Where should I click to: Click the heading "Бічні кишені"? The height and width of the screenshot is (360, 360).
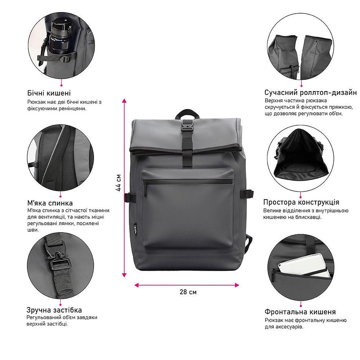[49, 93]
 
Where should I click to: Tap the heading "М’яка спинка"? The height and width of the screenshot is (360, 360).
[50, 203]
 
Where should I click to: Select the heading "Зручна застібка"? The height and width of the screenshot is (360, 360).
[54, 310]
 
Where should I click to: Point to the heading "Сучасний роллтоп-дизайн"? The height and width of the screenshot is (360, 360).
[310, 93]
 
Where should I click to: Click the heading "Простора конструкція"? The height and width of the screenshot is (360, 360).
[301, 202]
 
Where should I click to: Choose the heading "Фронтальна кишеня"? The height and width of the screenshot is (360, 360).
[300, 312]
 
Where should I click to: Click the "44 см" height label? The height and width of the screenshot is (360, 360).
[118, 183]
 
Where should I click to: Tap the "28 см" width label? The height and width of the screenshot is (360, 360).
[188, 292]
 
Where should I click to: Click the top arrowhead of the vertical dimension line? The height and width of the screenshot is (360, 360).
[124, 101]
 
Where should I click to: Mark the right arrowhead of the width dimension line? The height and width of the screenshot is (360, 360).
[237, 285]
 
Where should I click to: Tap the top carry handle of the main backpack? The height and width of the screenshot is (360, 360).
[187, 114]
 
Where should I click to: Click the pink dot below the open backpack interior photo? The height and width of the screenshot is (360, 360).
[300, 197]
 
